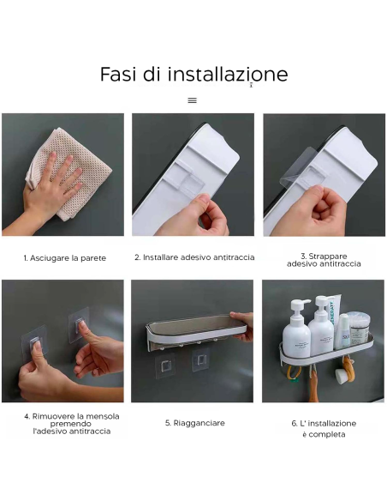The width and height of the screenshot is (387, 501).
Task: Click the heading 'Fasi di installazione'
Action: pos(193,75)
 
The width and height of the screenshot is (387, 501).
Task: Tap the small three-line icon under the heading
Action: pos(193,100)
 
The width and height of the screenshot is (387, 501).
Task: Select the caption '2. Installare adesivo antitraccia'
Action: pos(193,257)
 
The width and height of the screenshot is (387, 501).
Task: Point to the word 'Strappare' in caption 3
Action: pos(324,255)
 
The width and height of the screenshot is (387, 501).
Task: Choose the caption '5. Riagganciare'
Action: pos(193,423)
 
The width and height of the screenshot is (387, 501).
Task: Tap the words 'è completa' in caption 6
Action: pos(323,434)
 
